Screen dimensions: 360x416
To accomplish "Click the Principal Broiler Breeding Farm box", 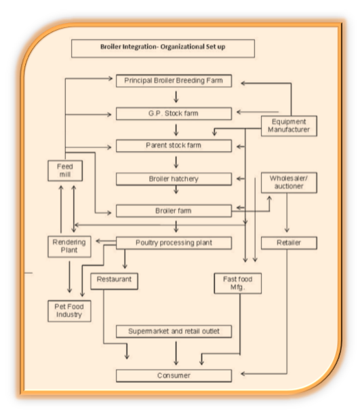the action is click(174, 81).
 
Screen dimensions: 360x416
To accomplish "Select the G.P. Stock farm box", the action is click(174, 114).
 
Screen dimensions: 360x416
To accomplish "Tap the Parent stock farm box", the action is click(174, 146).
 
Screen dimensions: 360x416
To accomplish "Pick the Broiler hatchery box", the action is click(174, 179).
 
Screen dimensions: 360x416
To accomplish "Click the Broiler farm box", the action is click(174, 211).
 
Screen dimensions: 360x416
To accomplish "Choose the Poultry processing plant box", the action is click(174, 243).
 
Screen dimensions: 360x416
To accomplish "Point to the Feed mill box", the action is click(65, 171).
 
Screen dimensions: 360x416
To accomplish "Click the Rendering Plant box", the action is click(69, 247).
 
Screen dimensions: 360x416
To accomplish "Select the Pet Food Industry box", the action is click(69, 311).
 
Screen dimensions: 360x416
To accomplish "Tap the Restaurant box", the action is click(114, 281).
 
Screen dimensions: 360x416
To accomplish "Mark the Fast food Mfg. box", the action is click(237, 283).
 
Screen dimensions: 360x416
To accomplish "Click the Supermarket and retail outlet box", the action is click(174, 331).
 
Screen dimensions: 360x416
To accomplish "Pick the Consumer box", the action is click(174, 375).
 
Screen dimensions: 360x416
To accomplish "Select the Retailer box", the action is click(289, 243).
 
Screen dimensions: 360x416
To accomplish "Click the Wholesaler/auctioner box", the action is click(289, 182).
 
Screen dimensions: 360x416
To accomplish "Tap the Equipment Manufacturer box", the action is click(289, 126).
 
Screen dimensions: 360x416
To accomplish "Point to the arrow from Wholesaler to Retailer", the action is click(287, 213).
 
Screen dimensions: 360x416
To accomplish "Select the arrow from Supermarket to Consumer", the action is click(176, 353).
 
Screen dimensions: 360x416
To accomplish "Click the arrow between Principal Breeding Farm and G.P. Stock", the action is click(176, 97).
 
